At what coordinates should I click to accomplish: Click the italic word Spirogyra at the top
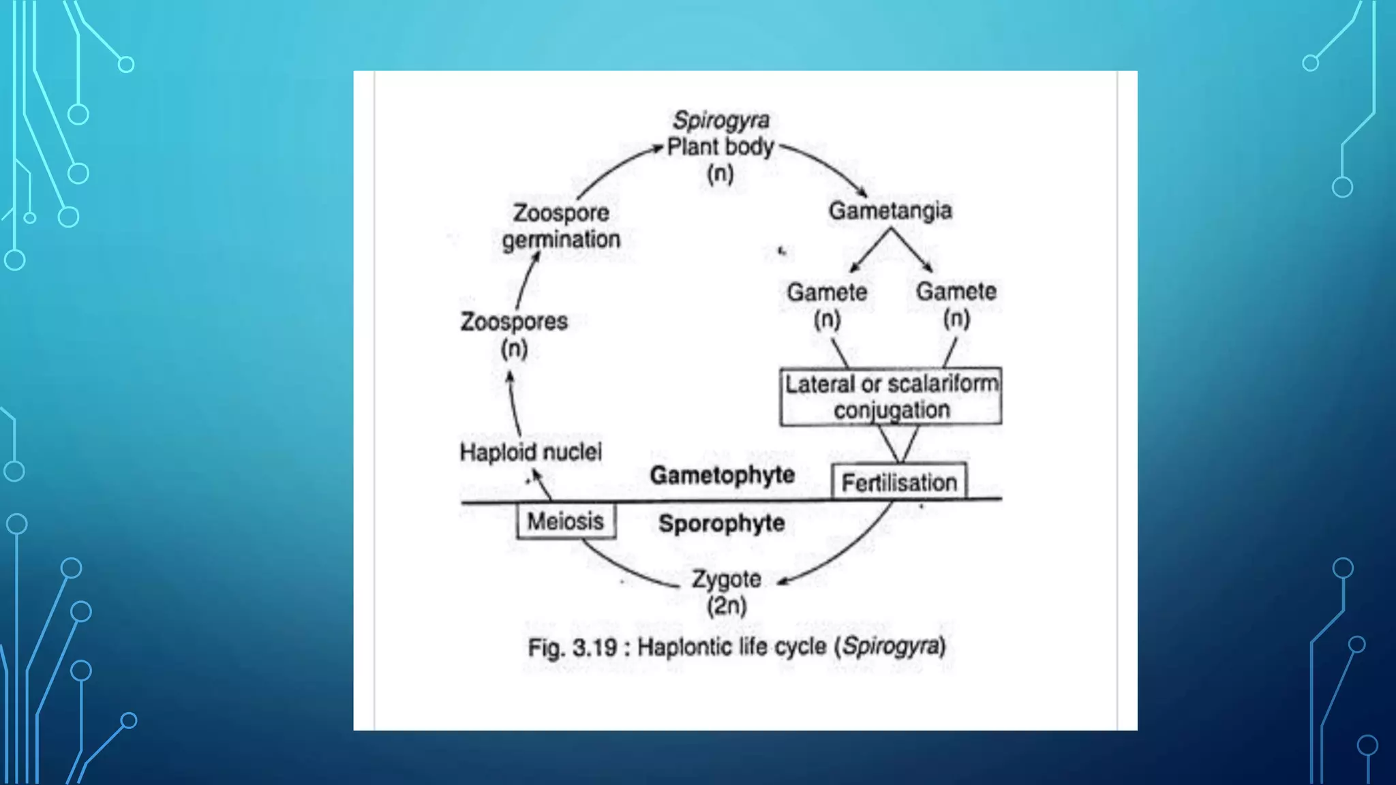721,121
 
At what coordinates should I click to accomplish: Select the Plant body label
720,147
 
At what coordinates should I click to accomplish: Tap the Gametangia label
890,211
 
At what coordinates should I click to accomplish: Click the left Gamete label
827,292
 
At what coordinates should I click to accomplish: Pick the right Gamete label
956,292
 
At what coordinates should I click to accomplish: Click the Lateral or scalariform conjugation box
891,397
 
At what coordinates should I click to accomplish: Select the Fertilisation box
899,482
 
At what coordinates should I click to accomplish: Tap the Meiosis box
566,521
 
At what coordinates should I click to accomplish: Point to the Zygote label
727,579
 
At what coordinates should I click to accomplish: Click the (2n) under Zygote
727,606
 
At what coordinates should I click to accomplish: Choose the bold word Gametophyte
723,475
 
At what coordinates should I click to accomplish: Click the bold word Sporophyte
722,523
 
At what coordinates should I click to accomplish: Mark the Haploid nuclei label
531,452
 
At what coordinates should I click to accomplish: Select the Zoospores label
514,322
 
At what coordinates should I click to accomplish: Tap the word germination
561,240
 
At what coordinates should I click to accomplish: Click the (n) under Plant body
720,174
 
